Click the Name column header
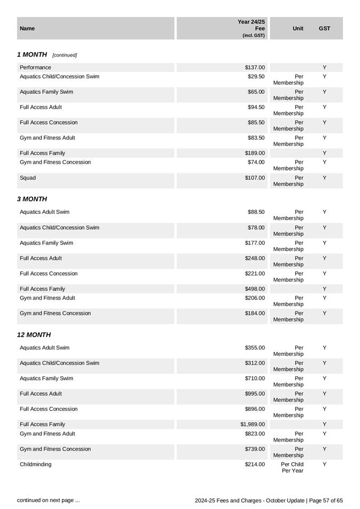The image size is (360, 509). pyautogui.click(x=27, y=28)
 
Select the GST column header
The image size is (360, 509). pyautogui.click(x=324, y=28)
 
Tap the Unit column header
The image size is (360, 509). pyautogui.click(x=298, y=28)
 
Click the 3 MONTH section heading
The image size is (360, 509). pyautogui.click(x=32, y=199)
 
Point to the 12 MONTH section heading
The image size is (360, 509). pyautogui.click(x=34, y=335)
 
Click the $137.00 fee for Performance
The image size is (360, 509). pyautogui.click(x=255, y=68)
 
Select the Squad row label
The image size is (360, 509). pyautogui.click(x=28, y=178)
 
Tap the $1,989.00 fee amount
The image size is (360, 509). pyautogui.click(x=252, y=424)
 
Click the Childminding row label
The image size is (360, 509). pyautogui.click(x=36, y=464)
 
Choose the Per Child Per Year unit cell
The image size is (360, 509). pyautogui.click(x=292, y=467)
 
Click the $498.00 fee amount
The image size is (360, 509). pyautogui.click(x=255, y=289)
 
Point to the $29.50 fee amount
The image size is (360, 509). pyautogui.click(x=256, y=77)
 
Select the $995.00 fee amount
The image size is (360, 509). pyautogui.click(x=255, y=394)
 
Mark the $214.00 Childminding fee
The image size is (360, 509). pyautogui.click(x=255, y=464)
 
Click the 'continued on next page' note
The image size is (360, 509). pyautogui.click(x=49, y=500)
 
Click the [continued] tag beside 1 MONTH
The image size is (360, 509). pyautogui.click(x=65, y=55)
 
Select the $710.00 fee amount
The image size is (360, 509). pyautogui.click(x=255, y=378)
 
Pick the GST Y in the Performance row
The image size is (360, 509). pyautogui.click(x=324, y=68)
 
